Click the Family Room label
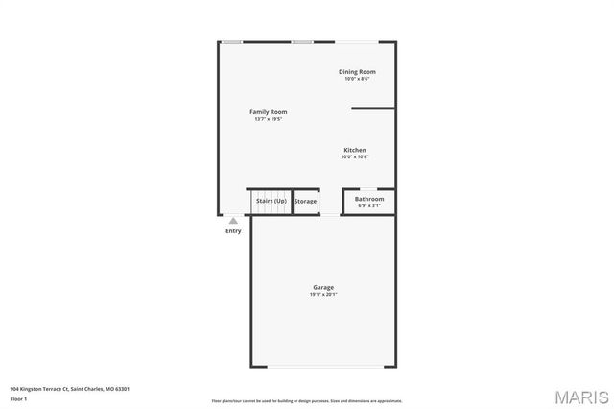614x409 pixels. click(x=269, y=112)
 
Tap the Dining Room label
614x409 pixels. click(x=357, y=72)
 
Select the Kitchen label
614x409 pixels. click(x=355, y=150)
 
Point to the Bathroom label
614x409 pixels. click(x=369, y=199)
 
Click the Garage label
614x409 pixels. click(x=323, y=287)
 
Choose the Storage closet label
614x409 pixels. click(x=305, y=202)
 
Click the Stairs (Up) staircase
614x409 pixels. click(x=270, y=202)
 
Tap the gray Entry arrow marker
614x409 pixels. click(x=233, y=220)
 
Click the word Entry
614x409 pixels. click(x=233, y=230)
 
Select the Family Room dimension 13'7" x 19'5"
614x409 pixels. click(x=269, y=119)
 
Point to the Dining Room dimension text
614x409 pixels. click(x=357, y=79)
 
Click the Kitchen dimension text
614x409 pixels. click(x=355, y=156)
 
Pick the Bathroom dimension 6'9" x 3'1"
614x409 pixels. click(x=369, y=205)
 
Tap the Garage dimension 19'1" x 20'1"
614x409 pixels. click(x=323, y=294)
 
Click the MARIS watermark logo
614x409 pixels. click(x=581, y=396)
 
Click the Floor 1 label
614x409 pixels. click(x=18, y=398)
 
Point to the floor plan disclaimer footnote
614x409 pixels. click(x=307, y=401)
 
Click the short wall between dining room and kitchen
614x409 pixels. click(x=373, y=108)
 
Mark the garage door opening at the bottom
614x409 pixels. click(x=323, y=366)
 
